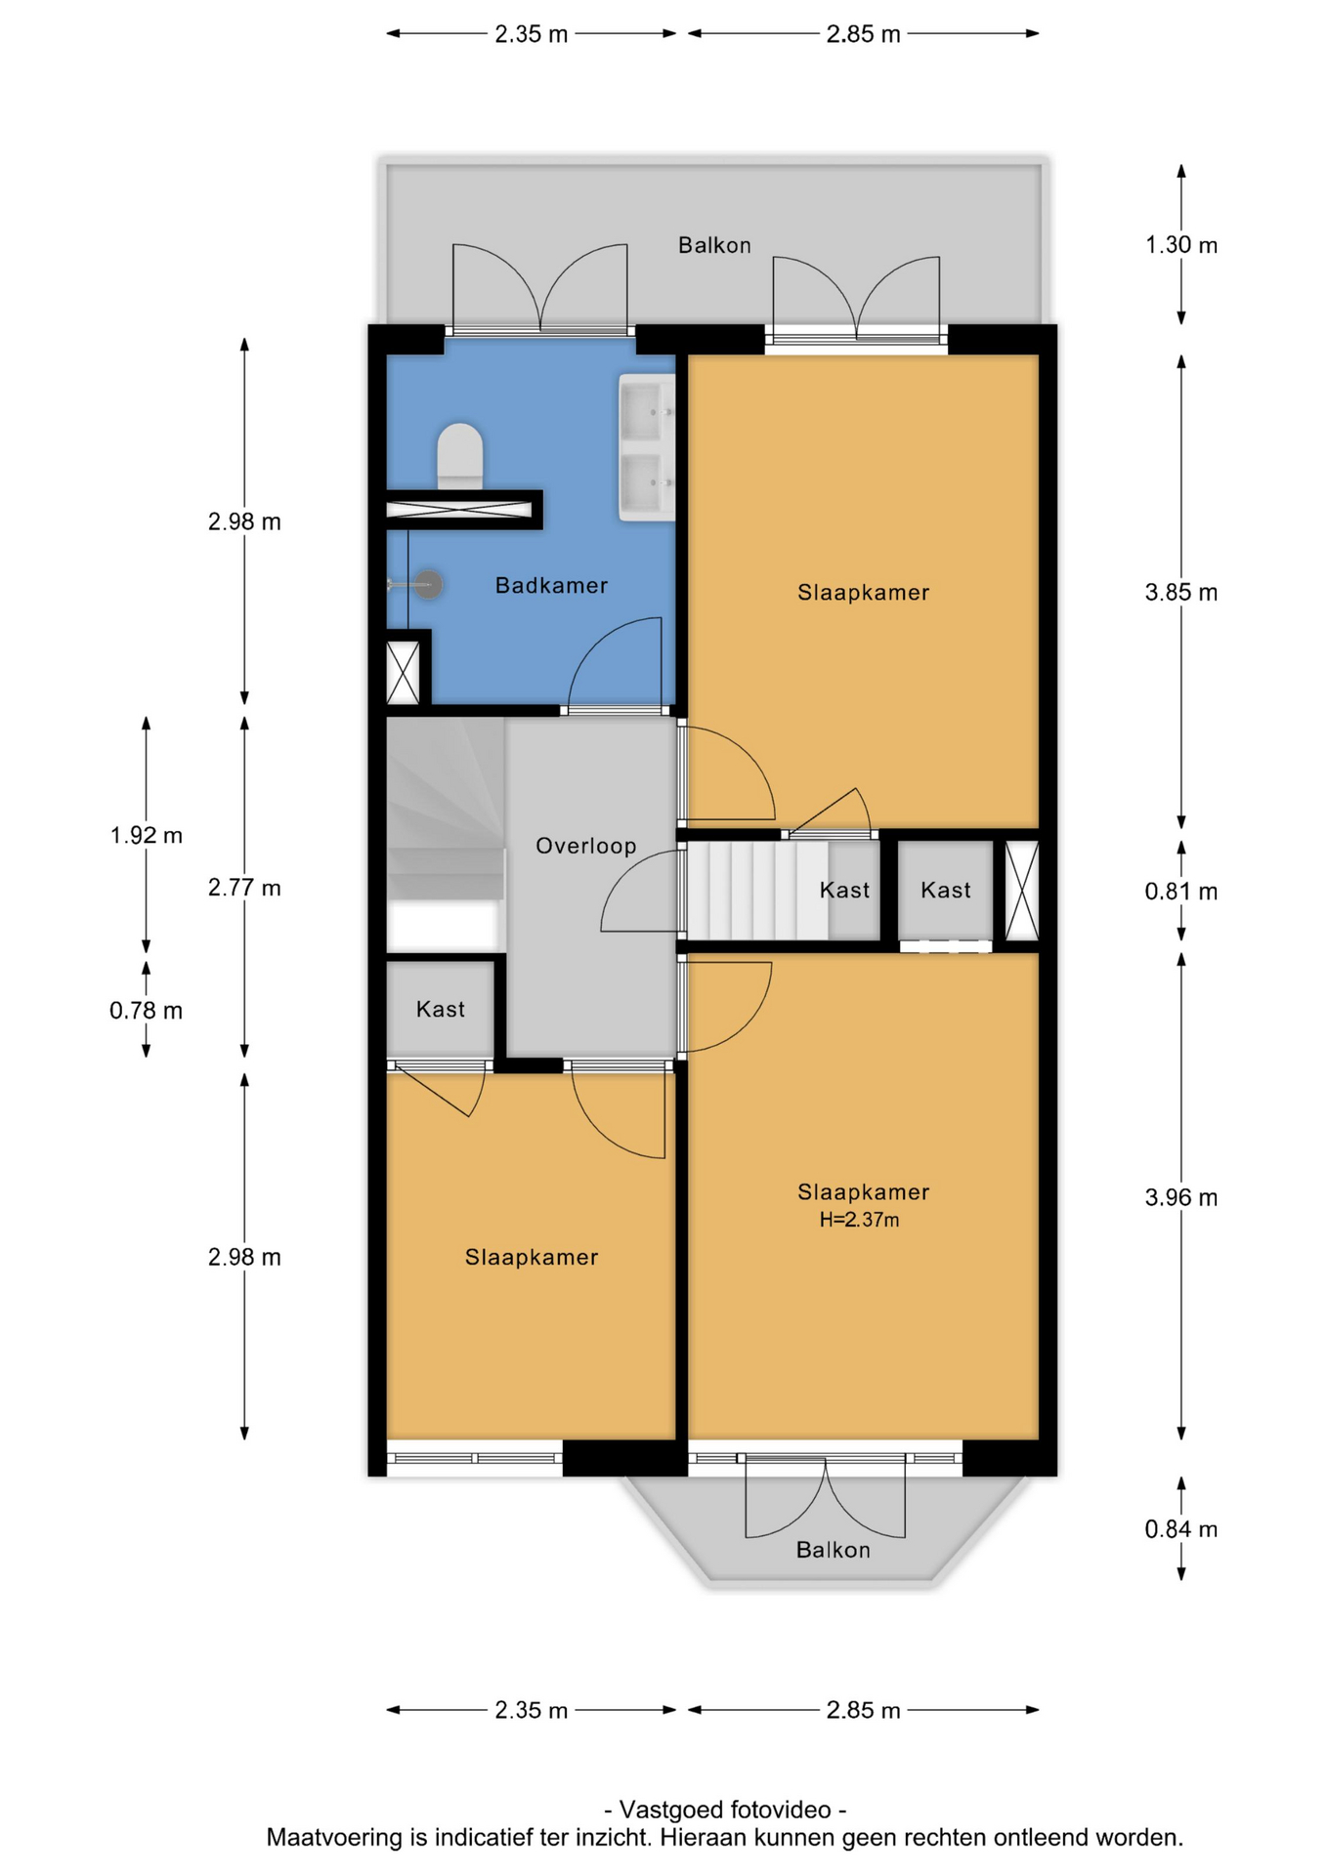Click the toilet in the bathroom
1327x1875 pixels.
coord(459,455)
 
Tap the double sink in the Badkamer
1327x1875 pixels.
coord(647,446)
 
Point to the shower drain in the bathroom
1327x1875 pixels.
coord(428,584)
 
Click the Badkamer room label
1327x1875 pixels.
coord(551,585)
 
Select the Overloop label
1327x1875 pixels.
coord(585,846)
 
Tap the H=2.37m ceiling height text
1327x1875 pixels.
coord(859,1220)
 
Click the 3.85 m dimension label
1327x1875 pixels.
coord(1180,592)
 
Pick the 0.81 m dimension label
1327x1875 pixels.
coord(1180,891)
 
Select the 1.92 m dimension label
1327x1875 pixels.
coord(146,835)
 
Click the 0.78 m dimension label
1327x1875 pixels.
coord(146,1010)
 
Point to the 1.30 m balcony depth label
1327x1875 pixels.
coord(1180,244)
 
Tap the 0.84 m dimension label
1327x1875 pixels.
coord(1180,1528)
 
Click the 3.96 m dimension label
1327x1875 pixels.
coord(1180,1197)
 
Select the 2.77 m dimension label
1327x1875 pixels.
coord(244,888)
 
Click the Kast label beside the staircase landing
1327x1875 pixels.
coord(844,890)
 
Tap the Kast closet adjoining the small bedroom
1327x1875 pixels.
coord(440,1009)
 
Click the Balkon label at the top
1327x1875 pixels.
coord(714,245)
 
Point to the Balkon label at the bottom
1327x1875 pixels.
coord(833,1550)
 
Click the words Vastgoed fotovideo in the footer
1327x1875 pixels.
coord(725,1810)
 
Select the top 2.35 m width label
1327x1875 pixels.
coord(531,34)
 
